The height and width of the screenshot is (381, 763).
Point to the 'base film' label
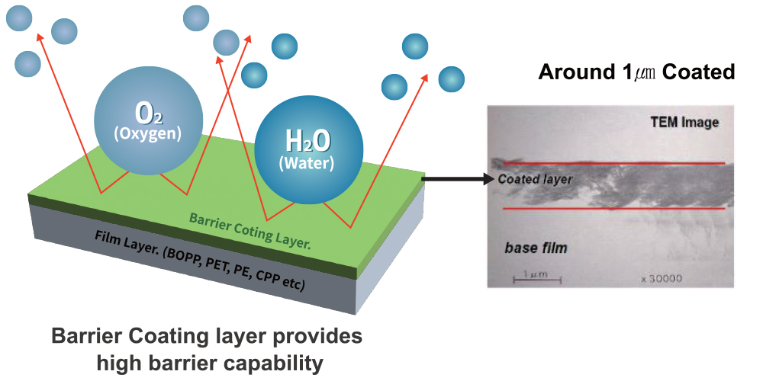[536, 248]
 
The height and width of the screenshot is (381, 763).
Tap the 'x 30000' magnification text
[662, 279]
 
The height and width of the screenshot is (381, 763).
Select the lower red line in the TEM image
[610, 208]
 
